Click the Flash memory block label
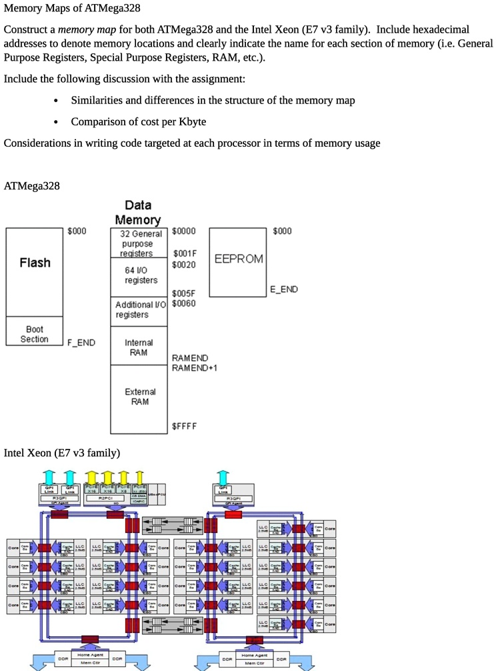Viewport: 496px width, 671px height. pyautogui.click(x=35, y=263)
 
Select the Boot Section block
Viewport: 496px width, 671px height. pyautogui.click(x=35, y=334)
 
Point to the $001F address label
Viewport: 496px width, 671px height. pyautogui.click(x=185, y=253)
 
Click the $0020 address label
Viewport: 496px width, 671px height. pyautogui.click(x=184, y=265)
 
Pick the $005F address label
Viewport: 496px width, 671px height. pyautogui.click(x=184, y=293)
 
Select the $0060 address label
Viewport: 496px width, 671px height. pyautogui.click(x=184, y=303)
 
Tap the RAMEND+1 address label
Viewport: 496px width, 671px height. pyautogui.click(x=195, y=368)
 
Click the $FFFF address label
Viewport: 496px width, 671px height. pyautogui.click(x=184, y=426)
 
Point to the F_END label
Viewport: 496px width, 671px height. pyautogui.click(x=81, y=343)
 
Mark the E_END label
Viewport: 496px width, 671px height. pyautogui.click(x=283, y=289)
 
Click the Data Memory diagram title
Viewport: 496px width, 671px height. pyautogui.click(x=138, y=212)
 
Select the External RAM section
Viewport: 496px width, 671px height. pyautogui.click(x=139, y=397)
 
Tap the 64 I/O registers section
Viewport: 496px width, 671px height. pyautogui.click(x=141, y=275)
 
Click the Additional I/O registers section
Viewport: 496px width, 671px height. pyautogui.click(x=140, y=309)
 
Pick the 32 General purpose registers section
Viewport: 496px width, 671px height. pyautogui.click(x=140, y=243)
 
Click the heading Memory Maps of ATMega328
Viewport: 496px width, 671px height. pyautogui.click(x=72, y=9)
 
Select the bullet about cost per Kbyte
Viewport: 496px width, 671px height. pyautogui.click(x=138, y=121)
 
